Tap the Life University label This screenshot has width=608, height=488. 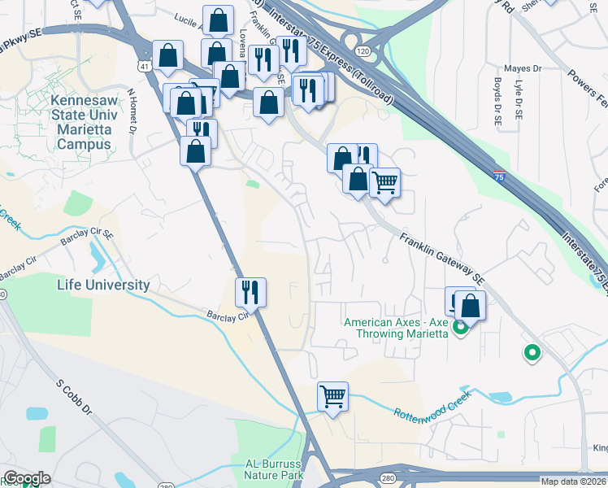pos(103,285)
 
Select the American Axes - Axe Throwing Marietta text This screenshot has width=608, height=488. pos(396,328)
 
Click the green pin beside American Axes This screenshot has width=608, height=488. pos(461,329)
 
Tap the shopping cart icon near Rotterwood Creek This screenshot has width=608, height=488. pos(332,397)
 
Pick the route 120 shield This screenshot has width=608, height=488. pos(363,51)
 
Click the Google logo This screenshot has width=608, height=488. pos(26,478)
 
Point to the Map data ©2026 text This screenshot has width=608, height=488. pos(573,481)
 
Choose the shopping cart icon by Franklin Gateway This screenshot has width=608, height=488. pos(384,181)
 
